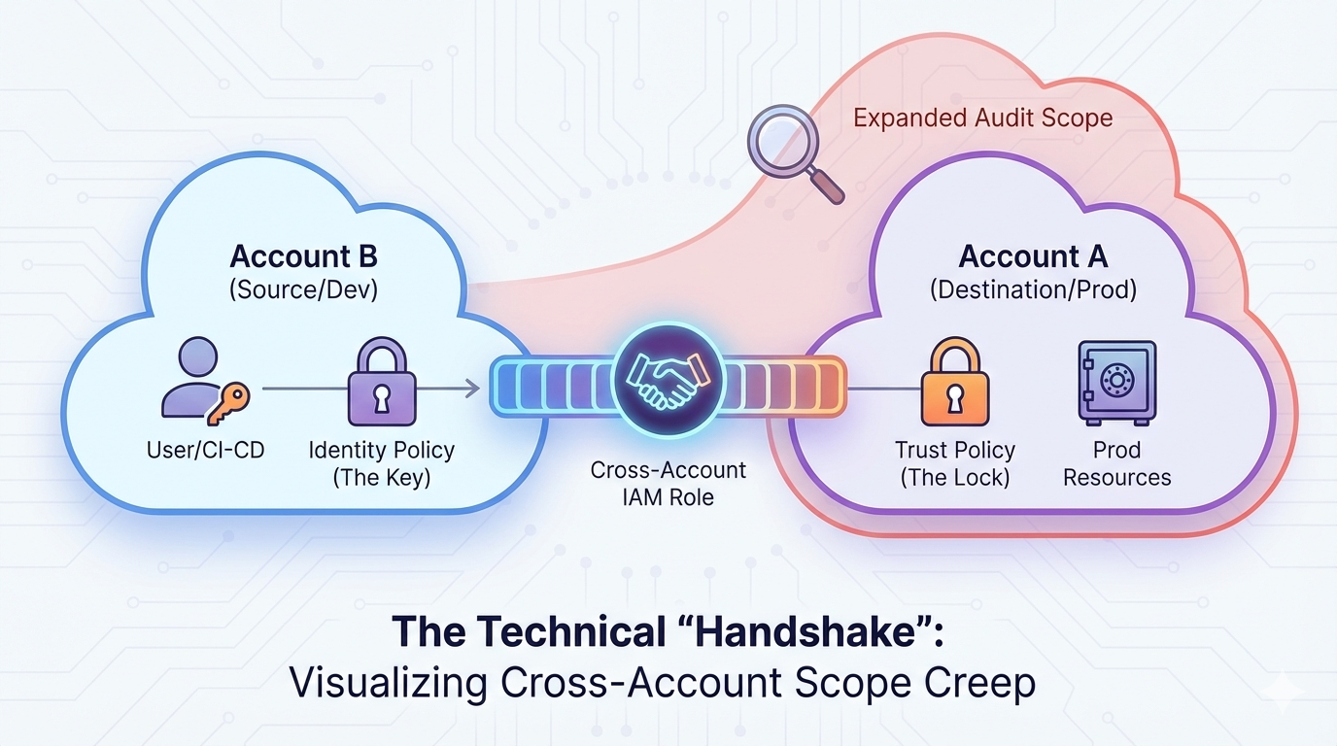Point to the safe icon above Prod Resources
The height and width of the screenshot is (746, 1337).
click(x=1116, y=381)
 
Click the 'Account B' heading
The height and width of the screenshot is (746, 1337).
click(x=303, y=257)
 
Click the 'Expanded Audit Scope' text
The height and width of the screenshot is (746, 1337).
click(x=982, y=119)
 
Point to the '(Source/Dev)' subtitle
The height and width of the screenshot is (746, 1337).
click(x=303, y=290)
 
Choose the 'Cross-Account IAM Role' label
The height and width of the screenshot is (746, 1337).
click(x=668, y=484)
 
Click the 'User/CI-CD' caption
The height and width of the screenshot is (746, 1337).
click(x=205, y=451)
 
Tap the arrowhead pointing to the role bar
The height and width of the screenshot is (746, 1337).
click(x=472, y=389)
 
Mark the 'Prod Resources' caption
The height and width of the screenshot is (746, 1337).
click(x=1116, y=464)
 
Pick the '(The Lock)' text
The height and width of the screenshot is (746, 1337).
click(x=954, y=478)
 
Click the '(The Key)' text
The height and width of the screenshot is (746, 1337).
click(x=381, y=478)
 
